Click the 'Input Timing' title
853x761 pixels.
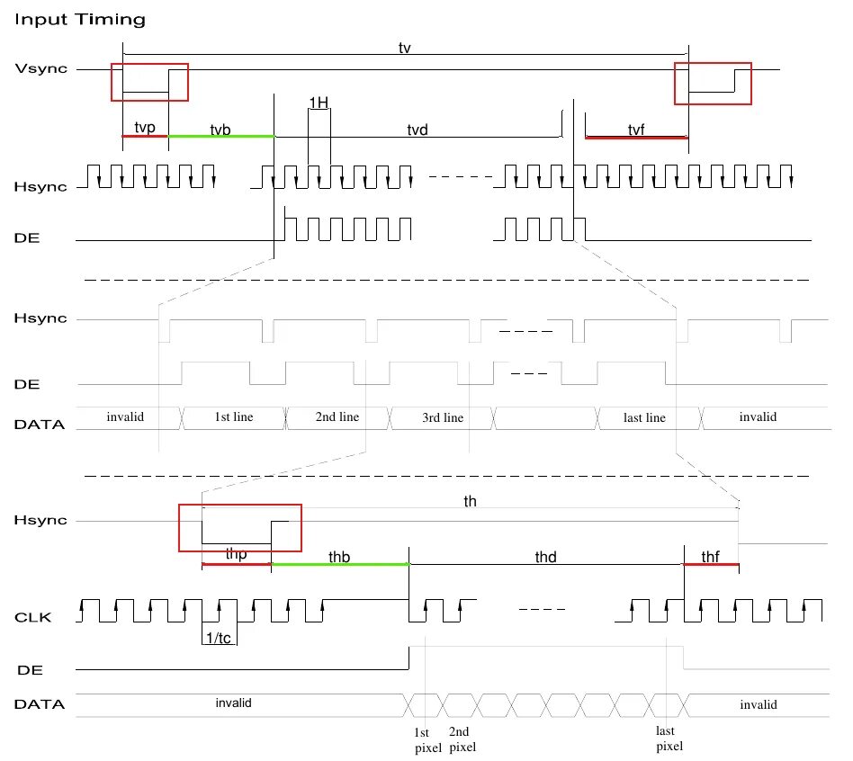tap(79, 19)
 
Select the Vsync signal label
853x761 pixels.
tap(40, 69)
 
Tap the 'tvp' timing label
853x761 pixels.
tap(145, 129)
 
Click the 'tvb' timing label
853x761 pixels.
tap(220, 130)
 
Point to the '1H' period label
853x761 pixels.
tap(319, 103)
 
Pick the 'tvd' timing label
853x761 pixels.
tap(417, 130)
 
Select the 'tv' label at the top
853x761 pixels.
tap(405, 48)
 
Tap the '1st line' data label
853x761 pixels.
tap(234, 417)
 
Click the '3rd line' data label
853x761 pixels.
tap(442, 417)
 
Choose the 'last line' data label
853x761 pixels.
tap(644, 417)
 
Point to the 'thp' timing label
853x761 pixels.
tap(237, 556)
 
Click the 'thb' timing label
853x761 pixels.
tap(339, 557)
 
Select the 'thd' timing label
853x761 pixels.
tap(545, 557)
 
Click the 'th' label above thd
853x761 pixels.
tap(471, 502)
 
